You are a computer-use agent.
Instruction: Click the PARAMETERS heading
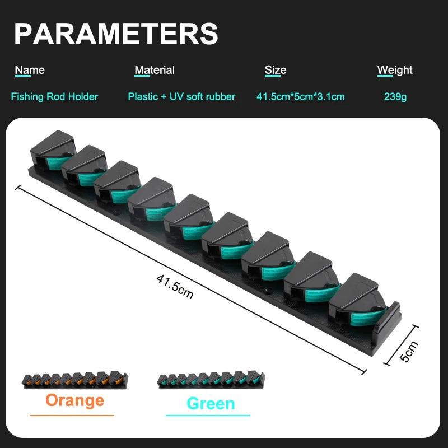click(116, 34)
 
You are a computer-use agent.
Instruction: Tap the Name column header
click(30, 70)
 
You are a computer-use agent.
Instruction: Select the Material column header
click(155, 70)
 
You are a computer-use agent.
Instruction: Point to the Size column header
click(276, 70)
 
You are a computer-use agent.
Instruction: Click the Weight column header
click(395, 71)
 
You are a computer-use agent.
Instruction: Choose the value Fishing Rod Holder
click(54, 96)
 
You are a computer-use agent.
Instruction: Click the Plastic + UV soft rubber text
click(181, 96)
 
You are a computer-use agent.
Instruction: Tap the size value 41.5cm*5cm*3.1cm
click(301, 96)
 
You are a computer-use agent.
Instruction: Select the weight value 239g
click(395, 96)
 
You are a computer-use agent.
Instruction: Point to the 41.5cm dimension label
click(175, 287)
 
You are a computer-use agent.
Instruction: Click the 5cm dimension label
click(409, 352)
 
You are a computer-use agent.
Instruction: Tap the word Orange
click(75, 400)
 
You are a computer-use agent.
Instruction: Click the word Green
click(211, 403)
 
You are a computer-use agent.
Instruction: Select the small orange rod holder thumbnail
click(75, 380)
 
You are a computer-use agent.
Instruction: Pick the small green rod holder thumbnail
click(211, 380)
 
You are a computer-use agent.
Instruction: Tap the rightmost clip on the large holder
click(358, 300)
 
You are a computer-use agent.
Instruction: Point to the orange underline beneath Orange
click(72, 416)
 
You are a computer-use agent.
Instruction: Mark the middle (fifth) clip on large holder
click(189, 217)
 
